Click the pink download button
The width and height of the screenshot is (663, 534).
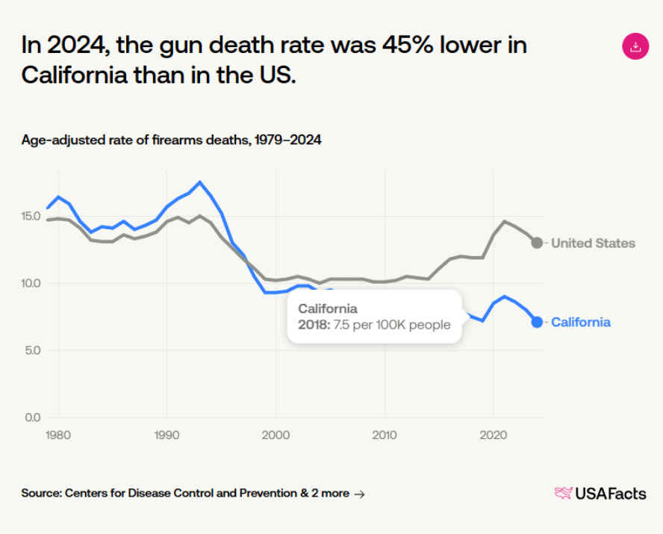click(x=635, y=47)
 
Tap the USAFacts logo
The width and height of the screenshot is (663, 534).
click(x=600, y=493)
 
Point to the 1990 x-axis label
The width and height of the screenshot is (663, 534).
click(x=166, y=435)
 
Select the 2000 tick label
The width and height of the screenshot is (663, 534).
click(x=276, y=435)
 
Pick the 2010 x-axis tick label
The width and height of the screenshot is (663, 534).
click(x=385, y=435)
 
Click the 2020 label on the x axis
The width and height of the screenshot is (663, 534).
click(x=493, y=435)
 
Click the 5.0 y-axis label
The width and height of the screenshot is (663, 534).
click(x=34, y=350)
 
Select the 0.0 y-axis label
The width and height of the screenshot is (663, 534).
click(x=34, y=417)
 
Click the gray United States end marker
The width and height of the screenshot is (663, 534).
click(x=537, y=243)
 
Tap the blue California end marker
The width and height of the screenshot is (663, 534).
click(x=537, y=322)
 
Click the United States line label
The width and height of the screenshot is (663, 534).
click(x=593, y=243)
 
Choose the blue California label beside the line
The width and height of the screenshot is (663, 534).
click(x=580, y=323)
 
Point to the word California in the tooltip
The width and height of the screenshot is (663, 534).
click(x=328, y=308)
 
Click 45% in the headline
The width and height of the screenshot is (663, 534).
click(x=403, y=46)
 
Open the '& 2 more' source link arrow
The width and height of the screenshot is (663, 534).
click(x=359, y=494)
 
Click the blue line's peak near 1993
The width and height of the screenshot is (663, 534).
click(x=199, y=182)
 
